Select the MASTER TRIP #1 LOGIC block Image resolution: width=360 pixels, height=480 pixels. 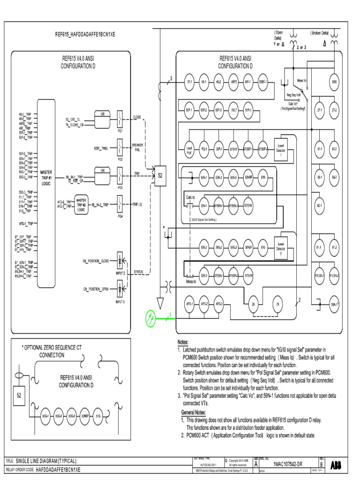pyautogui.click(x=46, y=177)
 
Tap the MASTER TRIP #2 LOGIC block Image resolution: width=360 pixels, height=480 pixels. pyautogui.click(x=82, y=205)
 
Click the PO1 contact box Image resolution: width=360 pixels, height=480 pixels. pyautogui.click(x=120, y=119)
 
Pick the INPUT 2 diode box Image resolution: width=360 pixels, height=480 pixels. pyautogui.click(x=120, y=261)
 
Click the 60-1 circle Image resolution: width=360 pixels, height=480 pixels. pyautogui.click(x=320, y=206)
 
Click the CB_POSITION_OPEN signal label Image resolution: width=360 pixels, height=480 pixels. pyautogui.click(x=96, y=289)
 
